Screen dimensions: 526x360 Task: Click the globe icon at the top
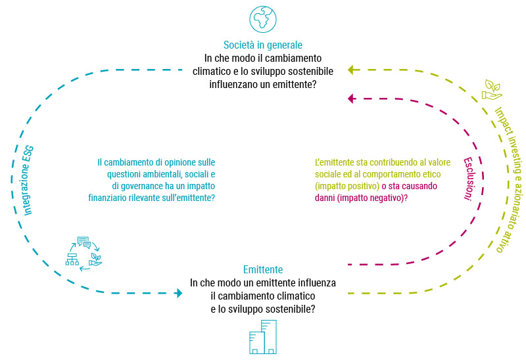(263, 19)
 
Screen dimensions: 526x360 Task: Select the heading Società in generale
(263, 45)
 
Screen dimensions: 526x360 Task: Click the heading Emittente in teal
(263, 269)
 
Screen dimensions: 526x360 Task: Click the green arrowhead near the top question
(352, 70)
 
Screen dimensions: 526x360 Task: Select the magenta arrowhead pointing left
(351, 99)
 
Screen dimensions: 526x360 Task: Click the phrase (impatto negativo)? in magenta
(372, 198)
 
